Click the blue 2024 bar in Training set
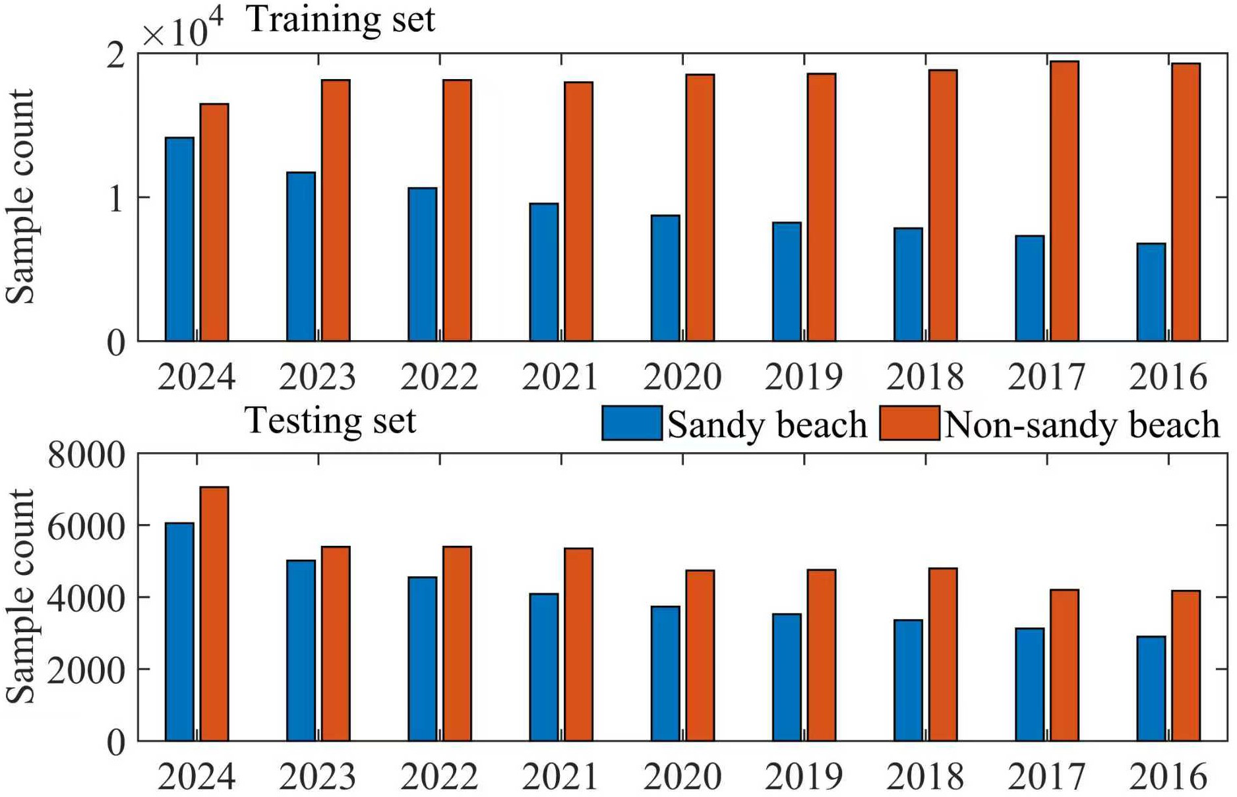179,239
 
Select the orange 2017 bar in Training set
1064,201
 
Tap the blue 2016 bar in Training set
1151,292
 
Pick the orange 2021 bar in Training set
578,212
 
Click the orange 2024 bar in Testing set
214,614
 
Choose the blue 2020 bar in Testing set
665,673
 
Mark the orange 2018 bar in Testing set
943,654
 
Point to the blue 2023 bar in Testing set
301,650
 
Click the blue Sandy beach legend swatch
632,423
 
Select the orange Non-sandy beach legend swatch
909,423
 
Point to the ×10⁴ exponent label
183,30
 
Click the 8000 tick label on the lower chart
86,455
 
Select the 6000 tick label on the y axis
86,527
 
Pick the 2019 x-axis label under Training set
803,377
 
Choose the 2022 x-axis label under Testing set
438,777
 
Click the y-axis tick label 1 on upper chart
115,198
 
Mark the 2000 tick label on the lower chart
86,670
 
